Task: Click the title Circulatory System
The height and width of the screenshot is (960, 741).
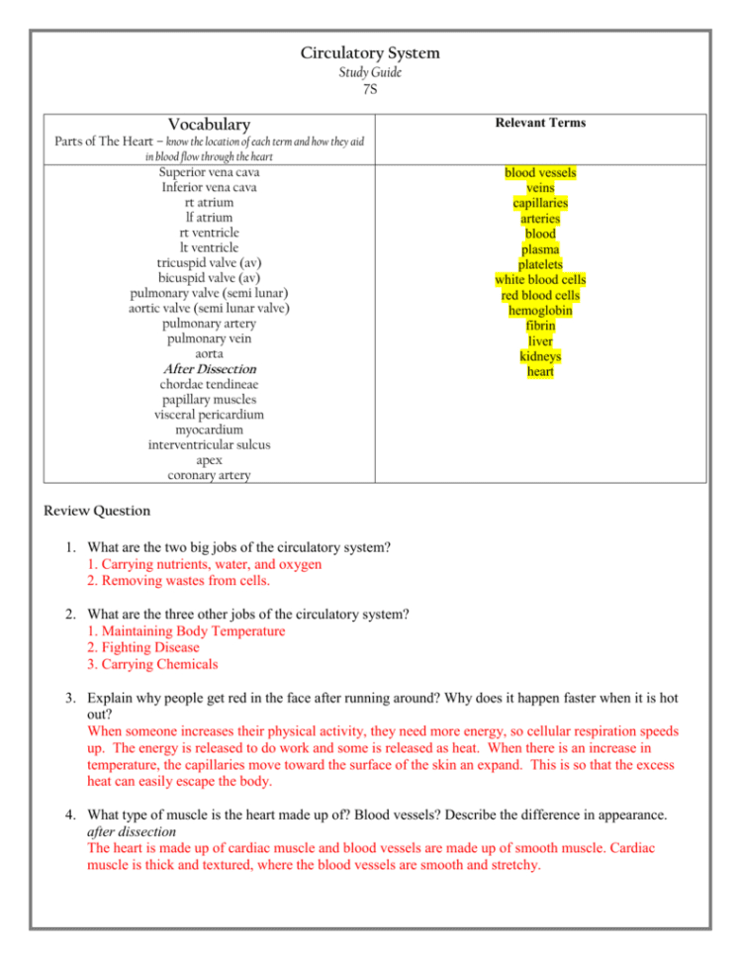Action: [x=370, y=53]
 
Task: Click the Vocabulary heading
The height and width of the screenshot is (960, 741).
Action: [x=209, y=125]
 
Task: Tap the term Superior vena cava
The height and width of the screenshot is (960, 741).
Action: [x=209, y=172]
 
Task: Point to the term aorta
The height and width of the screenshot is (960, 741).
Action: [x=209, y=353]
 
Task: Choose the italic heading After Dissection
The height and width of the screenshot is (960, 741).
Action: [x=209, y=369]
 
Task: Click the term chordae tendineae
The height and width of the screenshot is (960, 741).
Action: [x=209, y=384]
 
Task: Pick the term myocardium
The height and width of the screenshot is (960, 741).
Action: [x=209, y=430]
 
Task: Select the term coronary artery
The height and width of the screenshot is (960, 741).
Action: [x=209, y=475]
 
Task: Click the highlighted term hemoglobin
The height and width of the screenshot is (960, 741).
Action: [x=540, y=311]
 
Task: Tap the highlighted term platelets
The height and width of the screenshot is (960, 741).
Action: [x=540, y=265]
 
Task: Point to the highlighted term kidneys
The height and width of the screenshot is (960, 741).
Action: [x=540, y=356]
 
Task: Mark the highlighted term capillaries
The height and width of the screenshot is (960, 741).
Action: [x=540, y=204]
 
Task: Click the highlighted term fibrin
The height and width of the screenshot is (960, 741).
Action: [x=540, y=326]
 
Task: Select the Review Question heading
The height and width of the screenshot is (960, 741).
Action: [x=98, y=512]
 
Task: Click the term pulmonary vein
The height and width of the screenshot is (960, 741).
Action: [x=209, y=338]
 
